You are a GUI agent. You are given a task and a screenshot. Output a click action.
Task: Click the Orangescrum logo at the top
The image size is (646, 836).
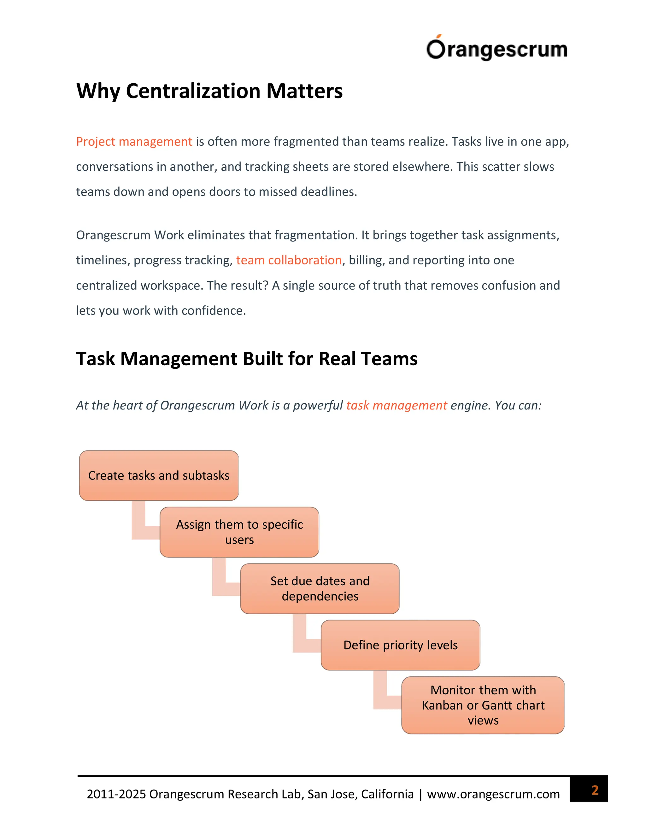[496, 49]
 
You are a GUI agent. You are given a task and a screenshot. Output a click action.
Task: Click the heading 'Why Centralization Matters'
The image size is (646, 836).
[209, 91]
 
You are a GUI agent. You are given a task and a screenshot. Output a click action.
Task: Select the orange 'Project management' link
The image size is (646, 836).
[134, 142]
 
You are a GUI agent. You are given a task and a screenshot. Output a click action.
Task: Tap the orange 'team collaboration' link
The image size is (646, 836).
[289, 260]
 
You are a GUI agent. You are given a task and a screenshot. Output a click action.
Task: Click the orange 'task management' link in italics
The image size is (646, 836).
[396, 405]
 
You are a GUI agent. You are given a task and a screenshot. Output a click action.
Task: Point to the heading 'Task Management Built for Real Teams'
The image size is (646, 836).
[247, 359]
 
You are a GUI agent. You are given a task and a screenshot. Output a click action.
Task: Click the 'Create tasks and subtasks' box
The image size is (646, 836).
[159, 475]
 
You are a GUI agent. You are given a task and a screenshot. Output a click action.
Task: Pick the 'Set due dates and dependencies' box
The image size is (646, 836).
[320, 589]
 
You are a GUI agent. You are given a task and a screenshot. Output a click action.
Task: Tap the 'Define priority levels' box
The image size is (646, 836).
[400, 645]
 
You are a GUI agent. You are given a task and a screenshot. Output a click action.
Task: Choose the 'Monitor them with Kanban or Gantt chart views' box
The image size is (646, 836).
[483, 705]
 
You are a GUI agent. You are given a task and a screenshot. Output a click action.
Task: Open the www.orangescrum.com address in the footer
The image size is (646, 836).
[493, 794]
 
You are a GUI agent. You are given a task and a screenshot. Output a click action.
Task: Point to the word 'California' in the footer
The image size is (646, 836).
[387, 794]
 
